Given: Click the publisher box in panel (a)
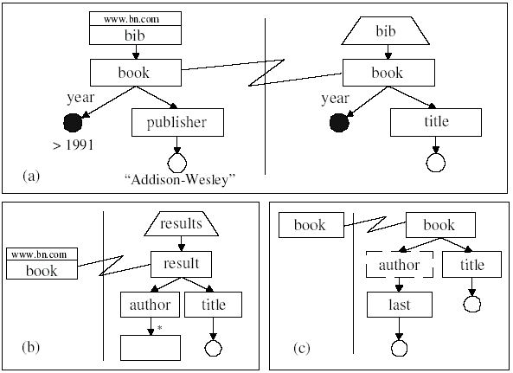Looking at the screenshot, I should point(177,122).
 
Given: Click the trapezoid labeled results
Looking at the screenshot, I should point(180,224).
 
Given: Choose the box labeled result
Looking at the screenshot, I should point(181,263).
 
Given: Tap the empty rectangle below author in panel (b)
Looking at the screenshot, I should point(151,346).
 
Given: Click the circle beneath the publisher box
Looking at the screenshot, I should point(177,162).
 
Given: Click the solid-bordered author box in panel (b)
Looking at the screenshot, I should point(151,305).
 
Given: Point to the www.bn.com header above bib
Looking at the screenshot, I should point(132,17).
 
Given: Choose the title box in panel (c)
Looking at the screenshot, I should point(471,264).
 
